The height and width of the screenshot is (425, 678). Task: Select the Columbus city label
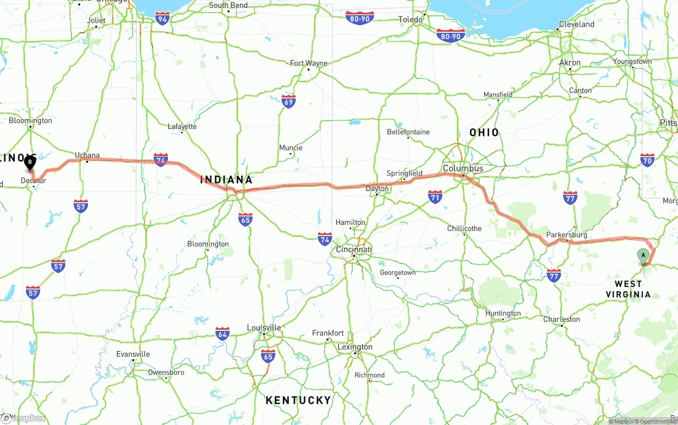tap(463, 168)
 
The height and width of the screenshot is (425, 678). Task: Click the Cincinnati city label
tap(354, 249)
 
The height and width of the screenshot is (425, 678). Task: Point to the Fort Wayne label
tap(309, 64)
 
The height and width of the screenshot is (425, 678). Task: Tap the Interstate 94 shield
tap(163, 20)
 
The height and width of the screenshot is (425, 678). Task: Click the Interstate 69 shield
tap(289, 102)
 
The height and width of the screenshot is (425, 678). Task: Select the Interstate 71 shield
tap(435, 197)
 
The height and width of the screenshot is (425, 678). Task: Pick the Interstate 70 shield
tap(647, 160)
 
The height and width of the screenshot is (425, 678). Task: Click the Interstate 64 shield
tap(222, 334)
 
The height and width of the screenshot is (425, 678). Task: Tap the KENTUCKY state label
tap(298, 400)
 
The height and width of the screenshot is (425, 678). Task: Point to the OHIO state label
tap(484, 132)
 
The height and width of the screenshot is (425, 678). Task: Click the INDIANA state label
tap(226, 180)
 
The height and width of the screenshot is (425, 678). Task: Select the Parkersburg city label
tap(567, 234)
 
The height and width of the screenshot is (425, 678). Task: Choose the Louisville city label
tap(264, 328)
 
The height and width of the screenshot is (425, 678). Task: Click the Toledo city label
tap(411, 20)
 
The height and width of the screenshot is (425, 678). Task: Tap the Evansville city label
tap(133, 354)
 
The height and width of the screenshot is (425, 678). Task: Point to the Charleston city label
tap(561, 319)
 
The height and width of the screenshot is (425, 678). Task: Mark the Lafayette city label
tap(182, 126)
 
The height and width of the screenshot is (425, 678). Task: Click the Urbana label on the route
tap(87, 155)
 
